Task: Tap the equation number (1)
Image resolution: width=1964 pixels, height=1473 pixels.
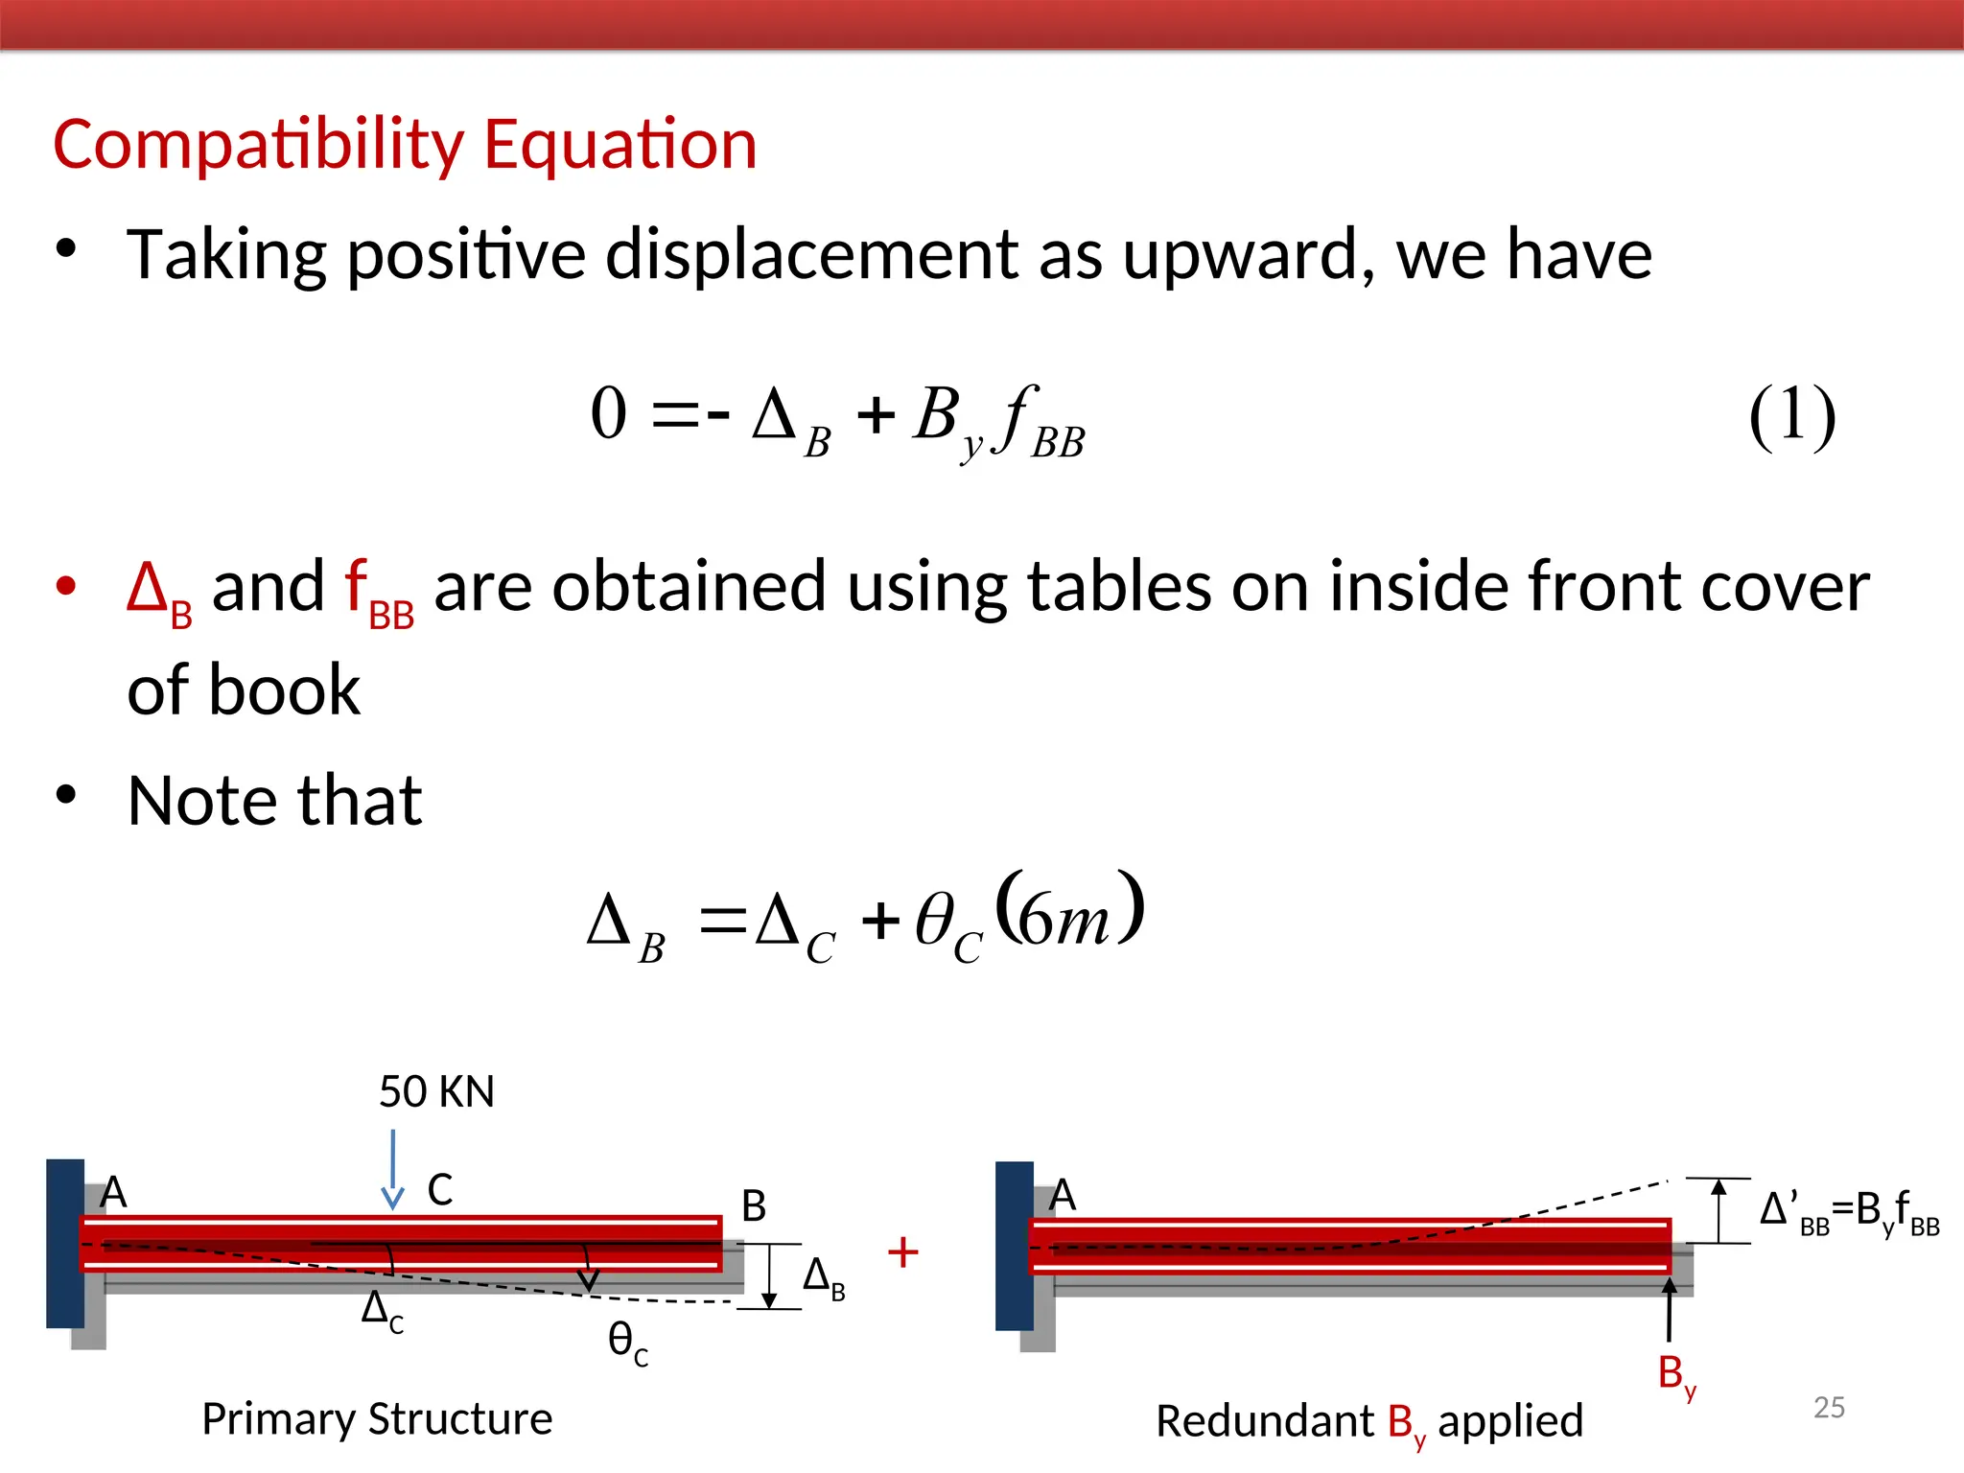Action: click(1791, 416)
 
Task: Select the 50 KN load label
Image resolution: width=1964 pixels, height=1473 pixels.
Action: click(436, 1092)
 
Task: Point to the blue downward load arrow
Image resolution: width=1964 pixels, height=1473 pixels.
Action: click(392, 1171)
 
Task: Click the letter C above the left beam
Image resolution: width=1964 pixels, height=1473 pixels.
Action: click(439, 1190)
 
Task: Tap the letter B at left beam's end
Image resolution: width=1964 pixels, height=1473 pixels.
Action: click(754, 1206)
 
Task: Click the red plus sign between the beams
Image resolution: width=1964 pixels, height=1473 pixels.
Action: click(902, 1252)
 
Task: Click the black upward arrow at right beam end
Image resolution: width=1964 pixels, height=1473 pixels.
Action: click(1670, 1309)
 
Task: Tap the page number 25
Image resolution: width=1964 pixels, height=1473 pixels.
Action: click(1829, 1407)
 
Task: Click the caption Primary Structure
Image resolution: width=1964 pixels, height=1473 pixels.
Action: click(377, 1419)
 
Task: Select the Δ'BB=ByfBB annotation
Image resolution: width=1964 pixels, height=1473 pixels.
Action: click(1849, 1212)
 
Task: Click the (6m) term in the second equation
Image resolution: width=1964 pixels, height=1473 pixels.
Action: click(1069, 911)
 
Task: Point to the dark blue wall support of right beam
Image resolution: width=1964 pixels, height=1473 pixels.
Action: click(1014, 1246)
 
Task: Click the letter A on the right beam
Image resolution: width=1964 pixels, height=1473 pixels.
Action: click(1063, 1196)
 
